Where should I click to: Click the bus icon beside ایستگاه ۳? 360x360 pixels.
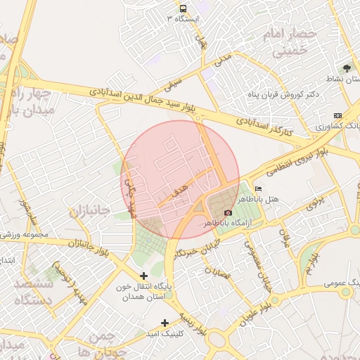(x=183, y=9)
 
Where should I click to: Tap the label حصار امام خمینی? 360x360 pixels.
(x=287, y=42)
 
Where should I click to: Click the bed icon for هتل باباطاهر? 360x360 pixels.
(x=258, y=189)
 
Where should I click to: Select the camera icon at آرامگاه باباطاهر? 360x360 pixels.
(x=228, y=213)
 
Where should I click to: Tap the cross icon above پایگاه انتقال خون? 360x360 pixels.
(x=144, y=276)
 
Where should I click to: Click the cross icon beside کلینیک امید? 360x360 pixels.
(x=165, y=323)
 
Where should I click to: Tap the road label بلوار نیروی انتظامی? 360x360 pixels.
(x=288, y=163)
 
